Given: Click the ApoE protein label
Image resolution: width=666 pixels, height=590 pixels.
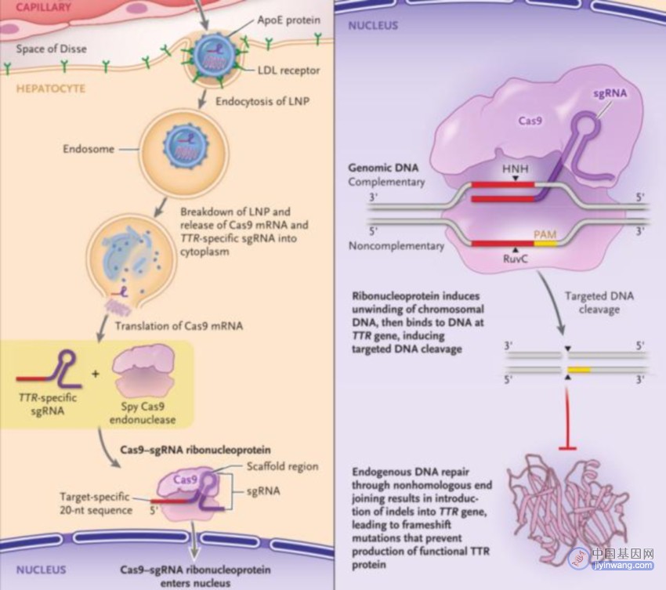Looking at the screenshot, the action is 289,20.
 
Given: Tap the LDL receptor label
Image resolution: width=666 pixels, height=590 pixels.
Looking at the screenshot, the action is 289,70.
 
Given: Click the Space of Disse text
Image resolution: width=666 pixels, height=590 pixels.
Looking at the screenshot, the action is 52,49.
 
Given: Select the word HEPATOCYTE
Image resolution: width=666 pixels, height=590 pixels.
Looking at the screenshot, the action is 51,89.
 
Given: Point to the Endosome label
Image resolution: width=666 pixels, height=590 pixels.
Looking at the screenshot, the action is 89,149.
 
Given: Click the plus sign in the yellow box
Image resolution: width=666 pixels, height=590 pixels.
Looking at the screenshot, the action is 95,374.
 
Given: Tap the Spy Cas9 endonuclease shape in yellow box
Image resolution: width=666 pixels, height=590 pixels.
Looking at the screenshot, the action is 143,371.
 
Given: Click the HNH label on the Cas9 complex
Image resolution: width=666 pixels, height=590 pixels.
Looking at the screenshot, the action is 516,168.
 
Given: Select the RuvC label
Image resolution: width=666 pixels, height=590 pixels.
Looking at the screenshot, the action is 516,259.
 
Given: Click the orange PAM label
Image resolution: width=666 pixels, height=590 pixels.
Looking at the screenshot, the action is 545,234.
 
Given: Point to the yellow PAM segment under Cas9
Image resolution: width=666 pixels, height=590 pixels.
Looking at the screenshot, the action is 545,244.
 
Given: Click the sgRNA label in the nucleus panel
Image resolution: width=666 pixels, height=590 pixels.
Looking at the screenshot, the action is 610,92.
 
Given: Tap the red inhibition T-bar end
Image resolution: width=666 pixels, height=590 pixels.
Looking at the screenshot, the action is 567,447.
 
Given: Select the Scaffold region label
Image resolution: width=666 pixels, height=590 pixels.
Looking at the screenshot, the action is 282,466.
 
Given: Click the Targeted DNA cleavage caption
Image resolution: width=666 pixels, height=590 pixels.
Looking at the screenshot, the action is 599,302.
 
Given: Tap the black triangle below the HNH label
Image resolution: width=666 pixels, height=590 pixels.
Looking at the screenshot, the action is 516,179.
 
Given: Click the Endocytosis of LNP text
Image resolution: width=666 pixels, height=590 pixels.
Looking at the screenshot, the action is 262,101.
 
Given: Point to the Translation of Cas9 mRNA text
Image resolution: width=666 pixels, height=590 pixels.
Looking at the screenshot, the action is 179,326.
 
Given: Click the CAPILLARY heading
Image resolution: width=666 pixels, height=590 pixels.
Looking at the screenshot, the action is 44,7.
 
